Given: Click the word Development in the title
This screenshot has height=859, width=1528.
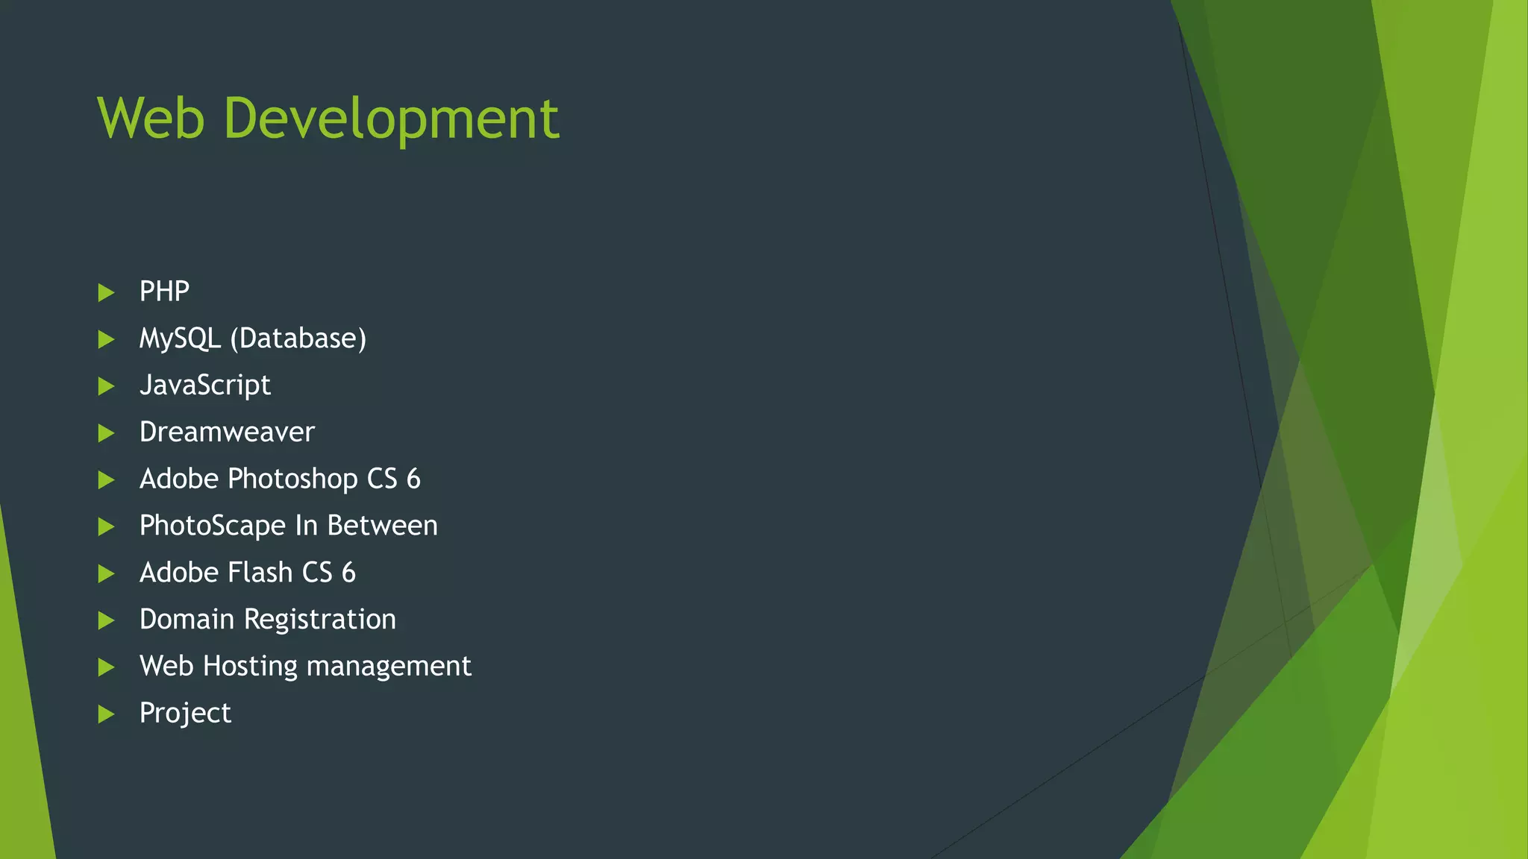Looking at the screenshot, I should [x=391, y=119].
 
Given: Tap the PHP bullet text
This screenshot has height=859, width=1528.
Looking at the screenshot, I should [x=164, y=291].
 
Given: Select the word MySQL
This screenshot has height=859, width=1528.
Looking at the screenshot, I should [x=180, y=339].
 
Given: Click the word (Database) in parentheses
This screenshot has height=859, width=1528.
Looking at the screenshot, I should [x=298, y=339].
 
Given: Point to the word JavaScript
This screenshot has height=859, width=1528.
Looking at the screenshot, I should [x=205, y=386].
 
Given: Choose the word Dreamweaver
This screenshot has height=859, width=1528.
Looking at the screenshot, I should [x=227, y=432].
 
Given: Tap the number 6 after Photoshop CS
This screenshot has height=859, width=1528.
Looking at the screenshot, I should [x=413, y=479].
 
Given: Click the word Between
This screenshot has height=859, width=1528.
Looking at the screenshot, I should [x=382, y=526].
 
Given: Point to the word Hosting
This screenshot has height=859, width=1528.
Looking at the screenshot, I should [x=250, y=667].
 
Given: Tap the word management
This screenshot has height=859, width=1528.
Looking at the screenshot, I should [x=389, y=667].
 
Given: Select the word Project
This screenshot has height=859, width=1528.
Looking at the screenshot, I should [x=185, y=714].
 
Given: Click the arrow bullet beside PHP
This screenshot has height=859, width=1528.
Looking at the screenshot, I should [x=106, y=292].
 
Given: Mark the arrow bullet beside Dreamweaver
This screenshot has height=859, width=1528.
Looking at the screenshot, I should [x=106, y=433].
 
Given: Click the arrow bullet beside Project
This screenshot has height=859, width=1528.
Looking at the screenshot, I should [x=106, y=714].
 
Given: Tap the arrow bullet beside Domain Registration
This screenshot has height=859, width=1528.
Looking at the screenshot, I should [x=106, y=620].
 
